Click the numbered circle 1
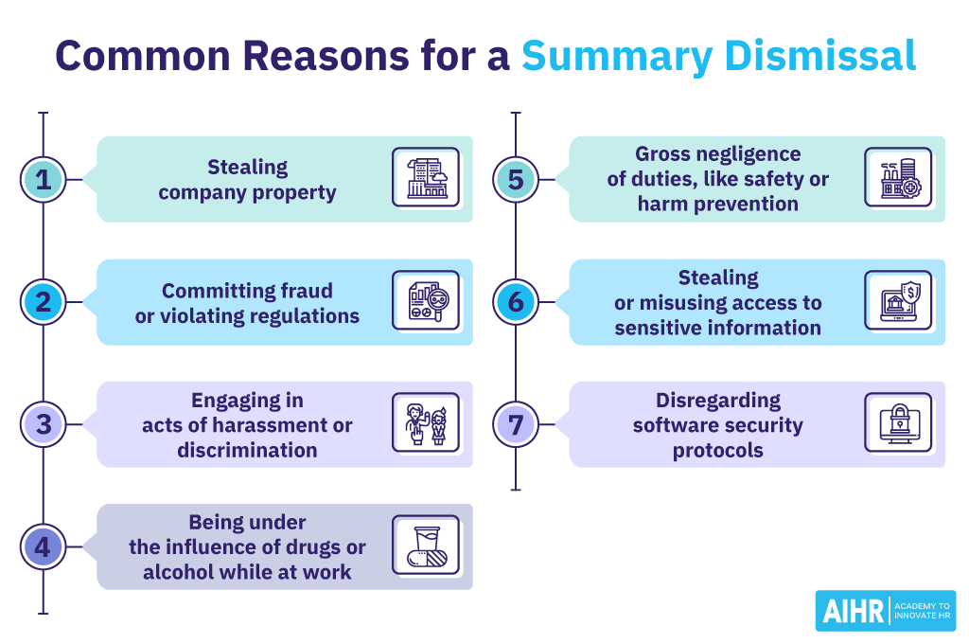click(43, 180)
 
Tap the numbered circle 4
click(43, 547)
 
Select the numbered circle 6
click(515, 302)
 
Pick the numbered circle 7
click(515, 424)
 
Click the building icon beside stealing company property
click(426, 177)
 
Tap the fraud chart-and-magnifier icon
click(426, 300)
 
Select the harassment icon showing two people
click(426, 423)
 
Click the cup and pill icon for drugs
click(426, 546)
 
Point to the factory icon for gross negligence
click(897, 177)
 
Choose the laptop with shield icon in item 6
click(897, 300)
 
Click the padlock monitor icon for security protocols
click(897, 423)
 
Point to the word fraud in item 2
click(307, 291)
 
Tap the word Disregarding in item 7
click(718, 400)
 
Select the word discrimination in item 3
click(247, 450)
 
